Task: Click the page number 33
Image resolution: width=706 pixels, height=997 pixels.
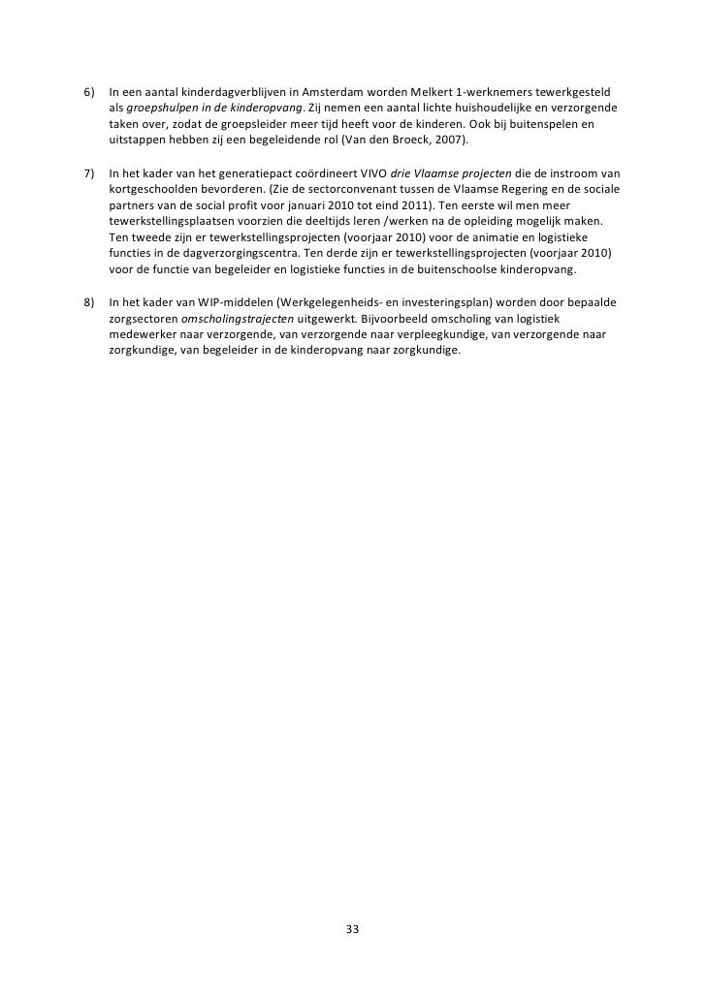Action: (352, 929)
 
